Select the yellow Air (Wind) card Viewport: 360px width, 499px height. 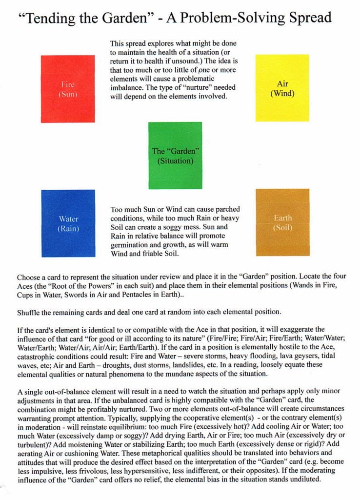point(282,88)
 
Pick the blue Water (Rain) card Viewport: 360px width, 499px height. point(68,223)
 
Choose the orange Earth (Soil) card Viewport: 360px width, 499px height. point(282,222)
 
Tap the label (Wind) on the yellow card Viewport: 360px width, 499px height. point(282,93)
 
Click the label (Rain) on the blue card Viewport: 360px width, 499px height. point(68,228)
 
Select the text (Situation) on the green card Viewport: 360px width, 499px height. point(175,160)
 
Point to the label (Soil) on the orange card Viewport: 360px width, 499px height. point(283,227)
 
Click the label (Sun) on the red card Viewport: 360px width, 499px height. point(68,94)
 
